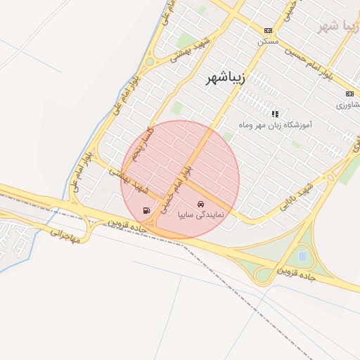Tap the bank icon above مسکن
point(268,30)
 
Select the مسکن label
point(268,41)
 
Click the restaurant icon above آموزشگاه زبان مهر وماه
point(275,113)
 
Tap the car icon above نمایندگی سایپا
point(201,203)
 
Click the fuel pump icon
point(146,210)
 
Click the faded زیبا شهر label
point(339,25)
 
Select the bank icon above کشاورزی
point(349,94)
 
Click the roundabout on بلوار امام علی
point(150,62)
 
